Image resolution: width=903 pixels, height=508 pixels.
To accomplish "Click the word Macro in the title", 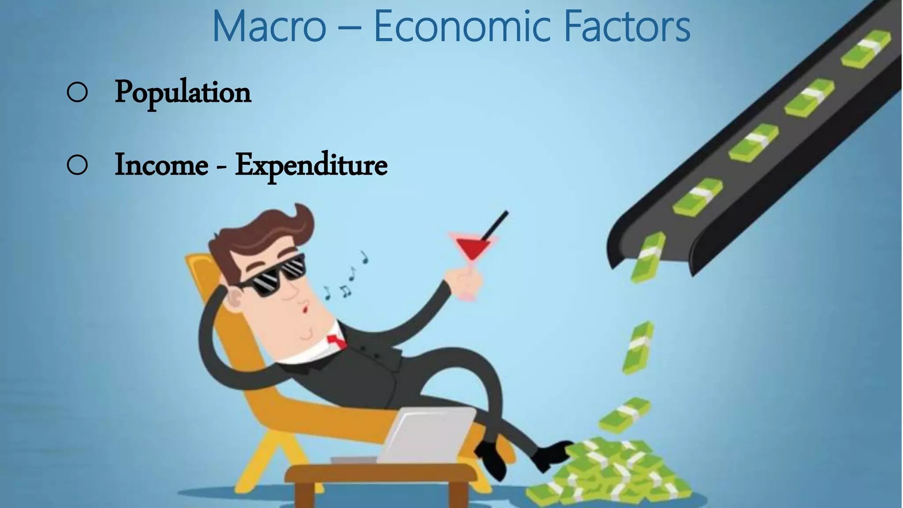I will click(269, 26).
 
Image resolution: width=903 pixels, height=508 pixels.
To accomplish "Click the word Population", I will click(183, 93).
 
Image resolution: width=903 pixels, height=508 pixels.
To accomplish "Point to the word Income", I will click(161, 165).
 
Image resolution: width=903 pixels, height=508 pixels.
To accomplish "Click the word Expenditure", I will click(311, 166).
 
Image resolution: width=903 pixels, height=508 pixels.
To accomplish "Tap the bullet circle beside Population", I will click(77, 93).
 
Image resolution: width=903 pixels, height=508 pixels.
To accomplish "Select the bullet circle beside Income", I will click(77, 165).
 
